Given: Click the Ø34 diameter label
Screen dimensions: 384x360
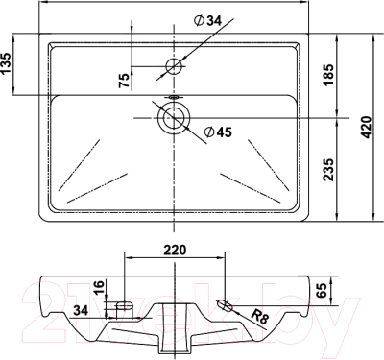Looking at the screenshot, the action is coord(207,21).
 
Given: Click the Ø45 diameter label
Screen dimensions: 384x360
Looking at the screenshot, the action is coord(218,132).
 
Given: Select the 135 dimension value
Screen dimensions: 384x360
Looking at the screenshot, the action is coord(6,63).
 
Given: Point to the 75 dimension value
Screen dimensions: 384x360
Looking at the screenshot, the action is coord(125,80).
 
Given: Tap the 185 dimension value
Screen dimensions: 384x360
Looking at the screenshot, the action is coord(328,75).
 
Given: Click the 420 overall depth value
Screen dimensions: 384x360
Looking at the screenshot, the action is coord(366,127).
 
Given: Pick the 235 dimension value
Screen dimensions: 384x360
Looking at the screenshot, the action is coord(328,169).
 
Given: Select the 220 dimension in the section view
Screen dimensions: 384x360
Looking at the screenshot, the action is coord(175,250).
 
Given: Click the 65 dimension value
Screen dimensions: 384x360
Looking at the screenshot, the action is coord(322,290).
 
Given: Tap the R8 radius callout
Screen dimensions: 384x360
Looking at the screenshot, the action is coord(260,317).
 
